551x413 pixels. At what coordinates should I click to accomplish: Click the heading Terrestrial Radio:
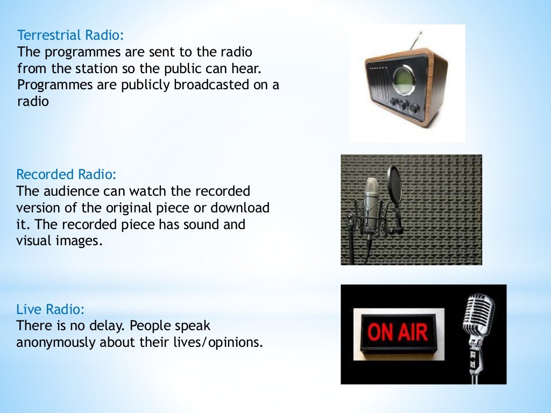70,36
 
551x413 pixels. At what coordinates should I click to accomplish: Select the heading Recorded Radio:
66,175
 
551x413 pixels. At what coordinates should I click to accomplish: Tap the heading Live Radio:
51,310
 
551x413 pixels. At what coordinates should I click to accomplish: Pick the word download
240,208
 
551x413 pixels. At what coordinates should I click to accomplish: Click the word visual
34,241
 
